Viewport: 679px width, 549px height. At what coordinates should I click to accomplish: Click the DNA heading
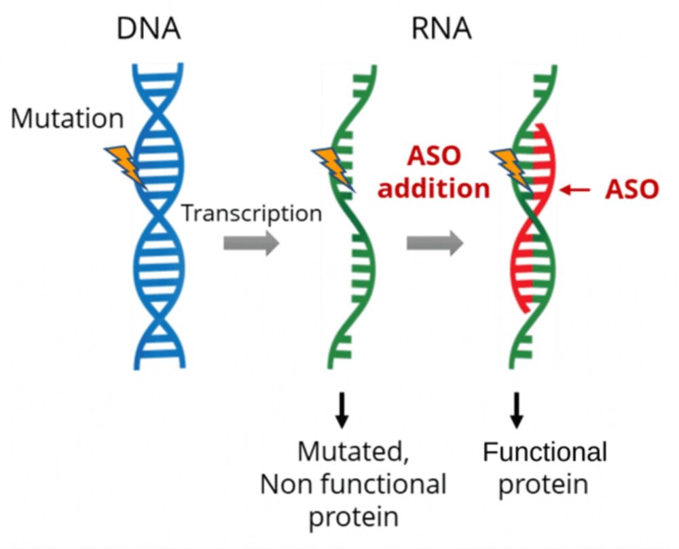coord(149,29)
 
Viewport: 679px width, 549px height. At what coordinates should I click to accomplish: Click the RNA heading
coord(441,29)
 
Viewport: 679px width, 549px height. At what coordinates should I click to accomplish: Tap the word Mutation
coord(67,119)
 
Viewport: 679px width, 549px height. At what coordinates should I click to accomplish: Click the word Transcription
coord(251,213)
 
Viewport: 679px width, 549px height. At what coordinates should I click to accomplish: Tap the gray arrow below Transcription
coord(251,242)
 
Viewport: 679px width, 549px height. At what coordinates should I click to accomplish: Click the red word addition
coord(433,189)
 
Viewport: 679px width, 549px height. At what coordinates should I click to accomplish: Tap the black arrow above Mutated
coord(342,411)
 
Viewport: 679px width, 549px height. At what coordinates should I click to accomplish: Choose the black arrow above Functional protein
coord(517,411)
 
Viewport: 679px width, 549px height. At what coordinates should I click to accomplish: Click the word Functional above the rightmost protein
coord(545,451)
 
